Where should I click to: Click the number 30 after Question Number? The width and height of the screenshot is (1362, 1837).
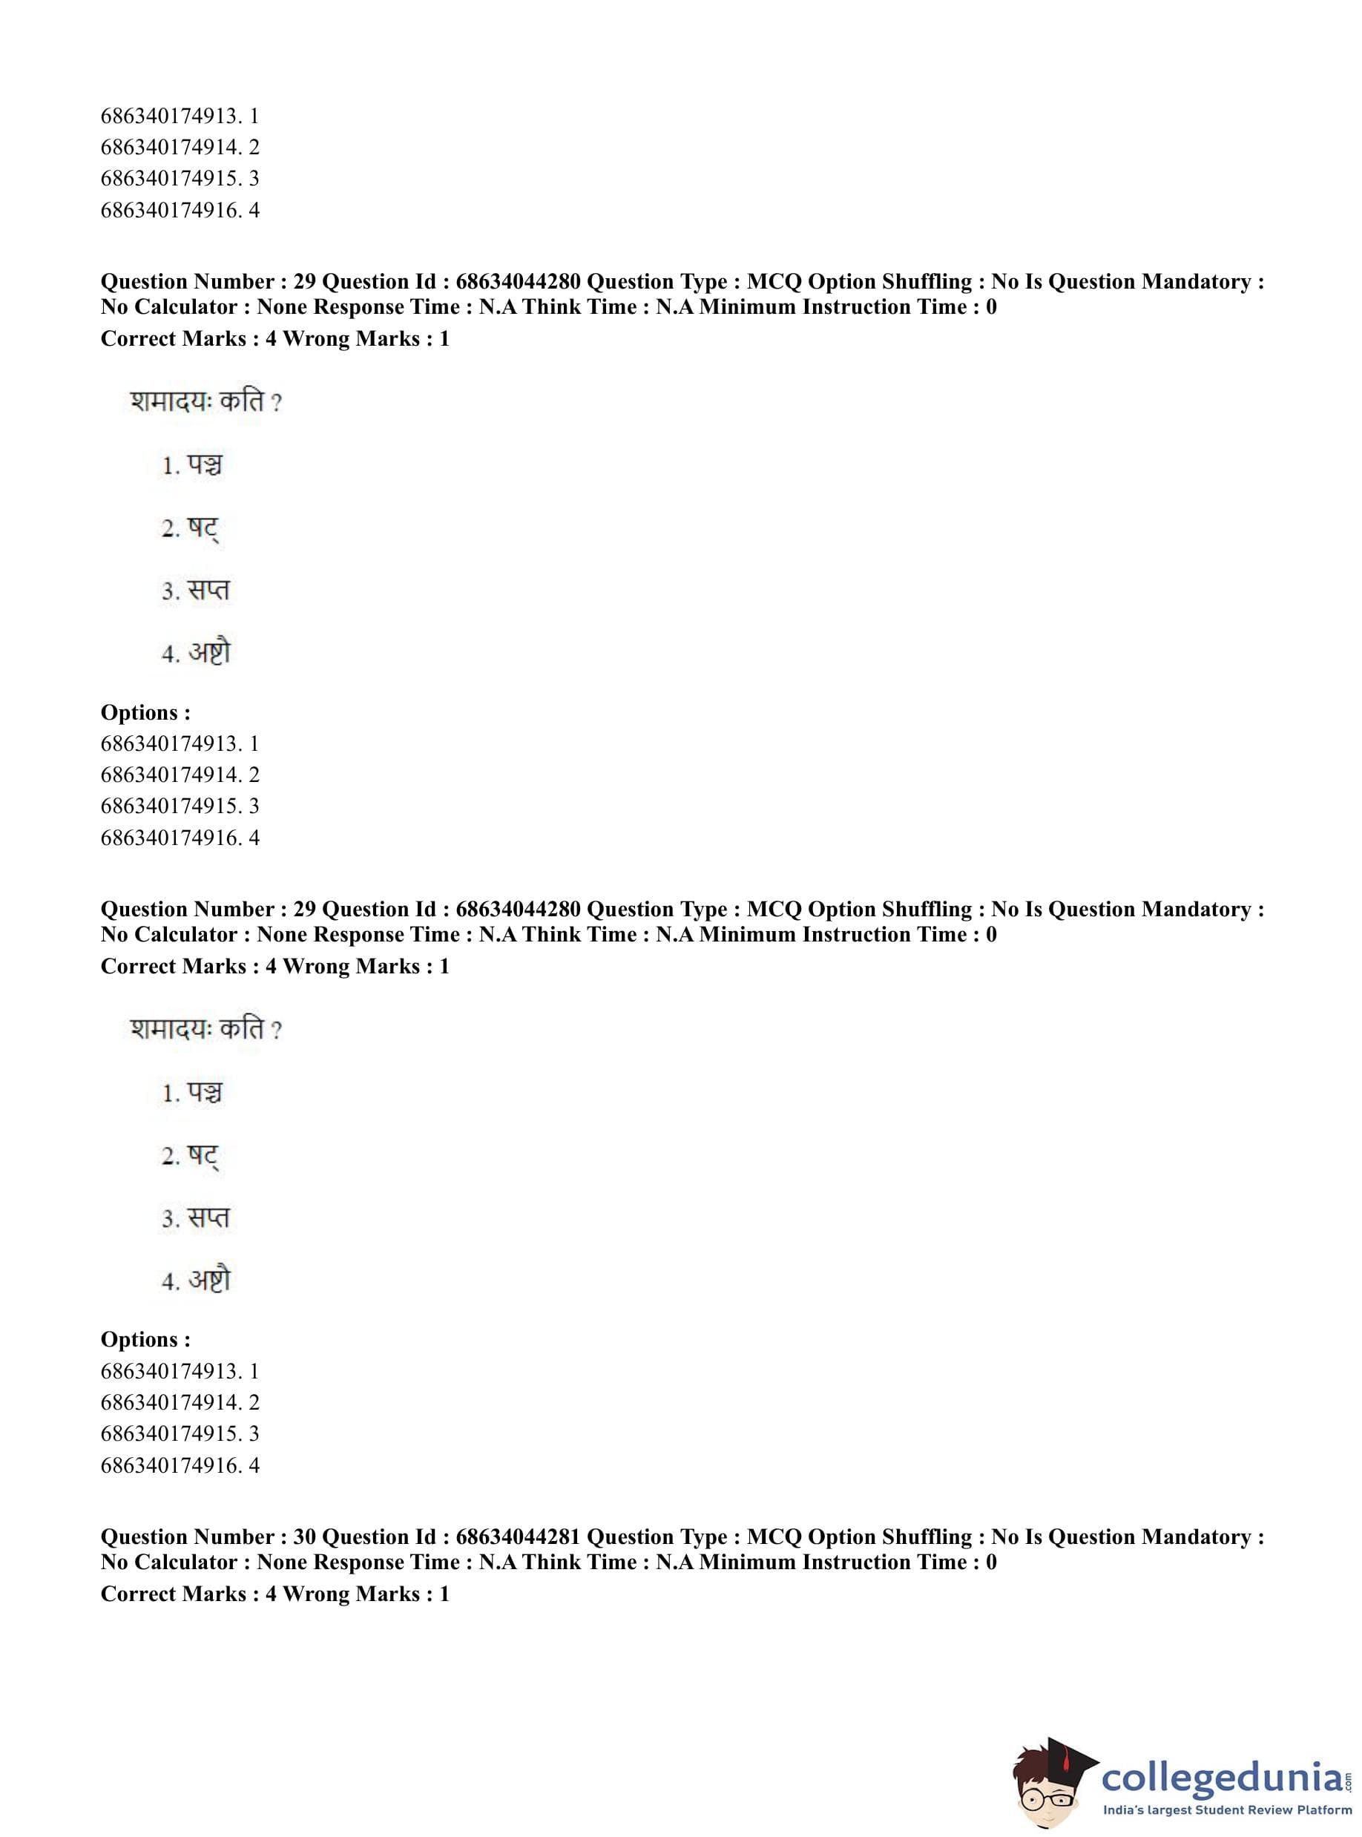pyautogui.click(x=304, y=1537)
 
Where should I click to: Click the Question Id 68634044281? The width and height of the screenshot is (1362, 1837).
pyautogui.click(x=518, y=1537)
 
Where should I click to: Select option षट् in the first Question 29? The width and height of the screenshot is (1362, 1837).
pyautogui.click(x=202, y=528)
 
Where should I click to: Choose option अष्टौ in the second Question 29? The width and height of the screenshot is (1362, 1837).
pyautogui.click(x=208, y=1280)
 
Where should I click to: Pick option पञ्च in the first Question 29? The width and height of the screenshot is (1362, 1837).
pyautogui.click(x=204, y=466)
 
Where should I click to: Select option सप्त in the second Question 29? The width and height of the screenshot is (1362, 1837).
pyautogui.click(x=208, y=1217)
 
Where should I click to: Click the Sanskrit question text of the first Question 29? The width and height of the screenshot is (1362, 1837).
pyautogui.click(x=205, y=403)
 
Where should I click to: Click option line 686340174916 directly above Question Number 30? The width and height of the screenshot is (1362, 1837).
pyautogui.click(x=180, y=1465)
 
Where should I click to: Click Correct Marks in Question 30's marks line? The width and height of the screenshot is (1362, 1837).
pyautogui.click(x=173, y=1594)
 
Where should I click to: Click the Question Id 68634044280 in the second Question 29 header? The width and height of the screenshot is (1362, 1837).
pyautogui.click(x=518, y=910)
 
